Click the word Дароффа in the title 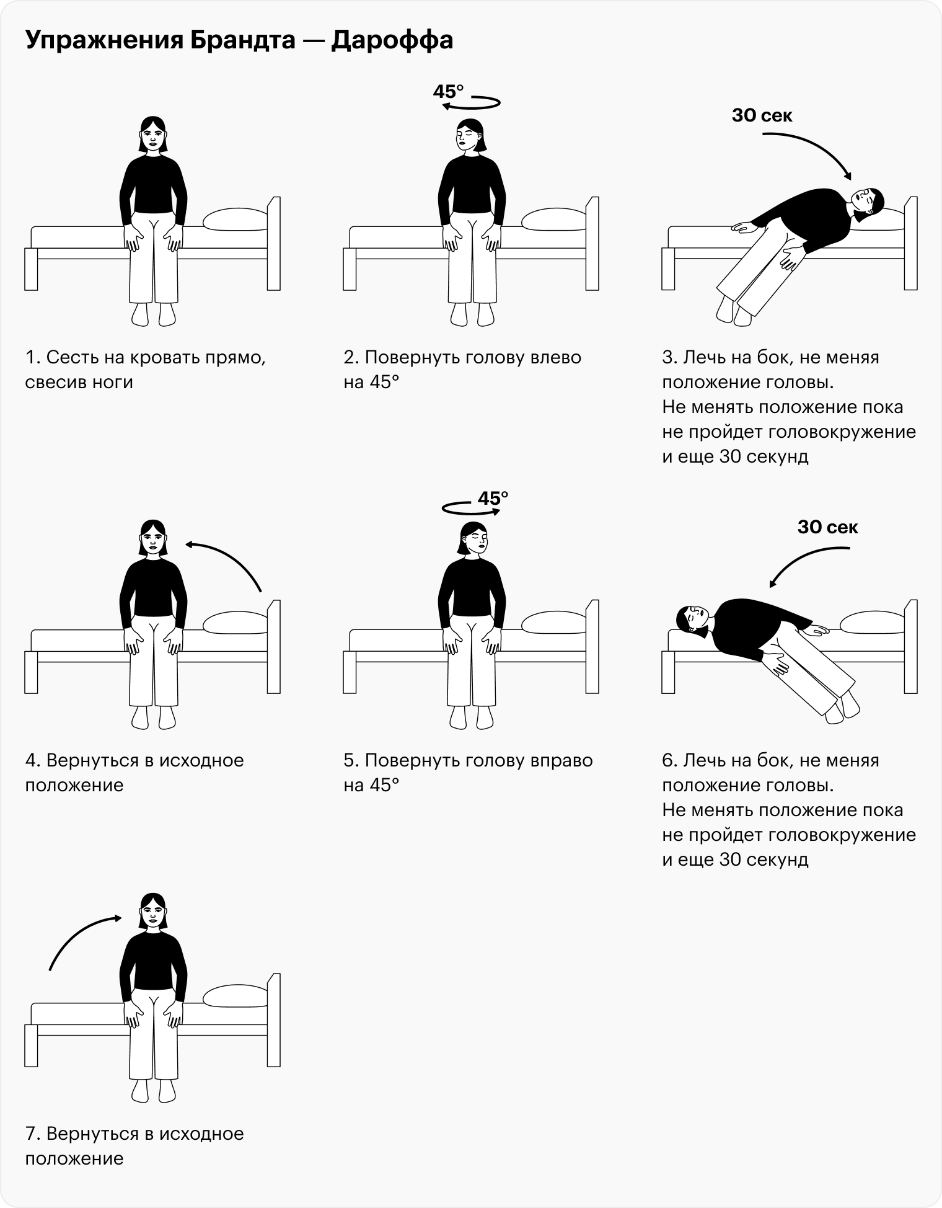[392, 40]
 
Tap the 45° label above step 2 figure [448, 92]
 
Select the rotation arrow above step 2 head [472, 103]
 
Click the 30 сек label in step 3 [762, 115]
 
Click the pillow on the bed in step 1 [235, 220]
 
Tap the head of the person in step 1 [152, 135]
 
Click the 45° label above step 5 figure [493, 498]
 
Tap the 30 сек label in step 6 [828, 527]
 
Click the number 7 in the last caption [30, 1134]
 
